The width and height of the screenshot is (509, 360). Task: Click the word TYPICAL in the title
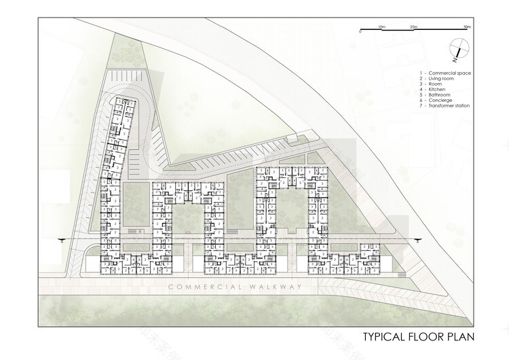(385, 336)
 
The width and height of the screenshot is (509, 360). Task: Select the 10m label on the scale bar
(382, 26)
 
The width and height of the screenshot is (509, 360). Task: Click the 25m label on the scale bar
(413, 26)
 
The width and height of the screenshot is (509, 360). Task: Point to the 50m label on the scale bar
(466, 26)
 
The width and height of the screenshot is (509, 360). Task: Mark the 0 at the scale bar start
(361, 32)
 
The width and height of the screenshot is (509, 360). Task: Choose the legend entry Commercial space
(447, 73)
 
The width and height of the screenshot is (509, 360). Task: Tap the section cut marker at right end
(419, 238)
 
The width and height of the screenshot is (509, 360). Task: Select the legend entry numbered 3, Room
(436, 84)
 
